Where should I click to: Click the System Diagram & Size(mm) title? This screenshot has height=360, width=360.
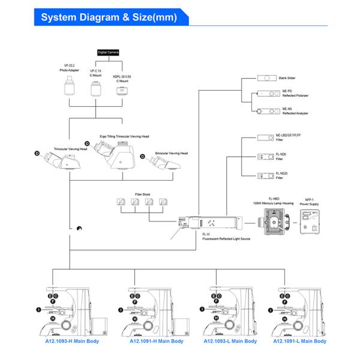(x=109, y=17)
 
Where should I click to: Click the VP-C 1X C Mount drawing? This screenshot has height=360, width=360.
(x=96, y=89)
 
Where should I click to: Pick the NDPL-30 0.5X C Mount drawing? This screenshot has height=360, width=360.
(x=123, y=91)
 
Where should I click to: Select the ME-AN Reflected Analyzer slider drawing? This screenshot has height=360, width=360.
(x=266, y=112)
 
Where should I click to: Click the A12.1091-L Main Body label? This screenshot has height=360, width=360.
(x=299, y=341)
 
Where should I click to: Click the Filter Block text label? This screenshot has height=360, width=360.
(x=142, y=194)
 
